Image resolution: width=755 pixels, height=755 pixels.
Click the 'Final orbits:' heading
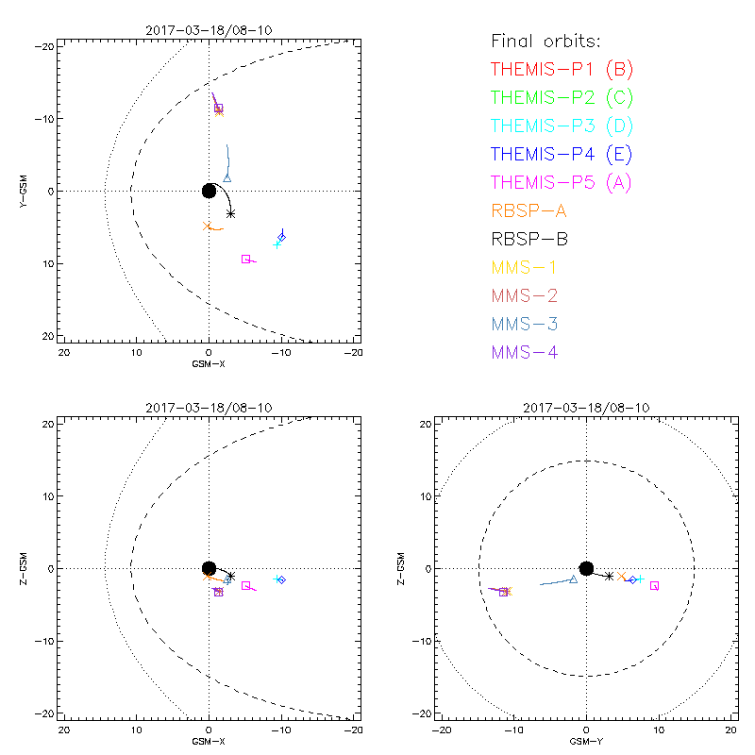point(545,41)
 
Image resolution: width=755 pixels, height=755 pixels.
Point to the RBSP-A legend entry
point(528,210)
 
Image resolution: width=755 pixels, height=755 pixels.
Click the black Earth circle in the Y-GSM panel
point(209,191)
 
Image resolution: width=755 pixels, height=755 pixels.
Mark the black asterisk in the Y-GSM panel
point(230,214)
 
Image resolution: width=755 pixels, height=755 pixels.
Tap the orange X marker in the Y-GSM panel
point(208,226)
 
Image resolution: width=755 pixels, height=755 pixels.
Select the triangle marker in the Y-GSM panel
point(227,176)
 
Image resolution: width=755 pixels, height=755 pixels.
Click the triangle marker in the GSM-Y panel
point(573,579)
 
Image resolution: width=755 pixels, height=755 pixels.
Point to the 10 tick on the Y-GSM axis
point(44,263)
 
